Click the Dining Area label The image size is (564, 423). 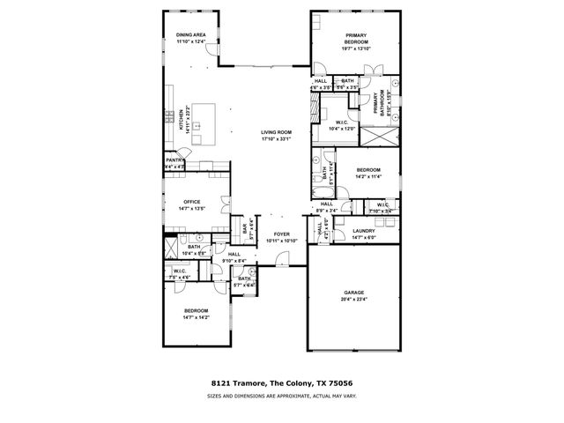(x=190, y=35)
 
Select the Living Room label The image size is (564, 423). (x=276, y=132)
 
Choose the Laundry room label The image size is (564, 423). (x=364, y=231)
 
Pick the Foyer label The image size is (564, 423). (x=281, y=234)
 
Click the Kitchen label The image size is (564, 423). (x=182, y=120)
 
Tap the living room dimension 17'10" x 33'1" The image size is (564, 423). (x=276, y=138)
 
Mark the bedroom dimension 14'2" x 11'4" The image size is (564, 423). (x=368, y=176)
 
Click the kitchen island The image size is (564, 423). (x=204, y=115)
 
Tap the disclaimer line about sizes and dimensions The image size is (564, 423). (x=281, y=397)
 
